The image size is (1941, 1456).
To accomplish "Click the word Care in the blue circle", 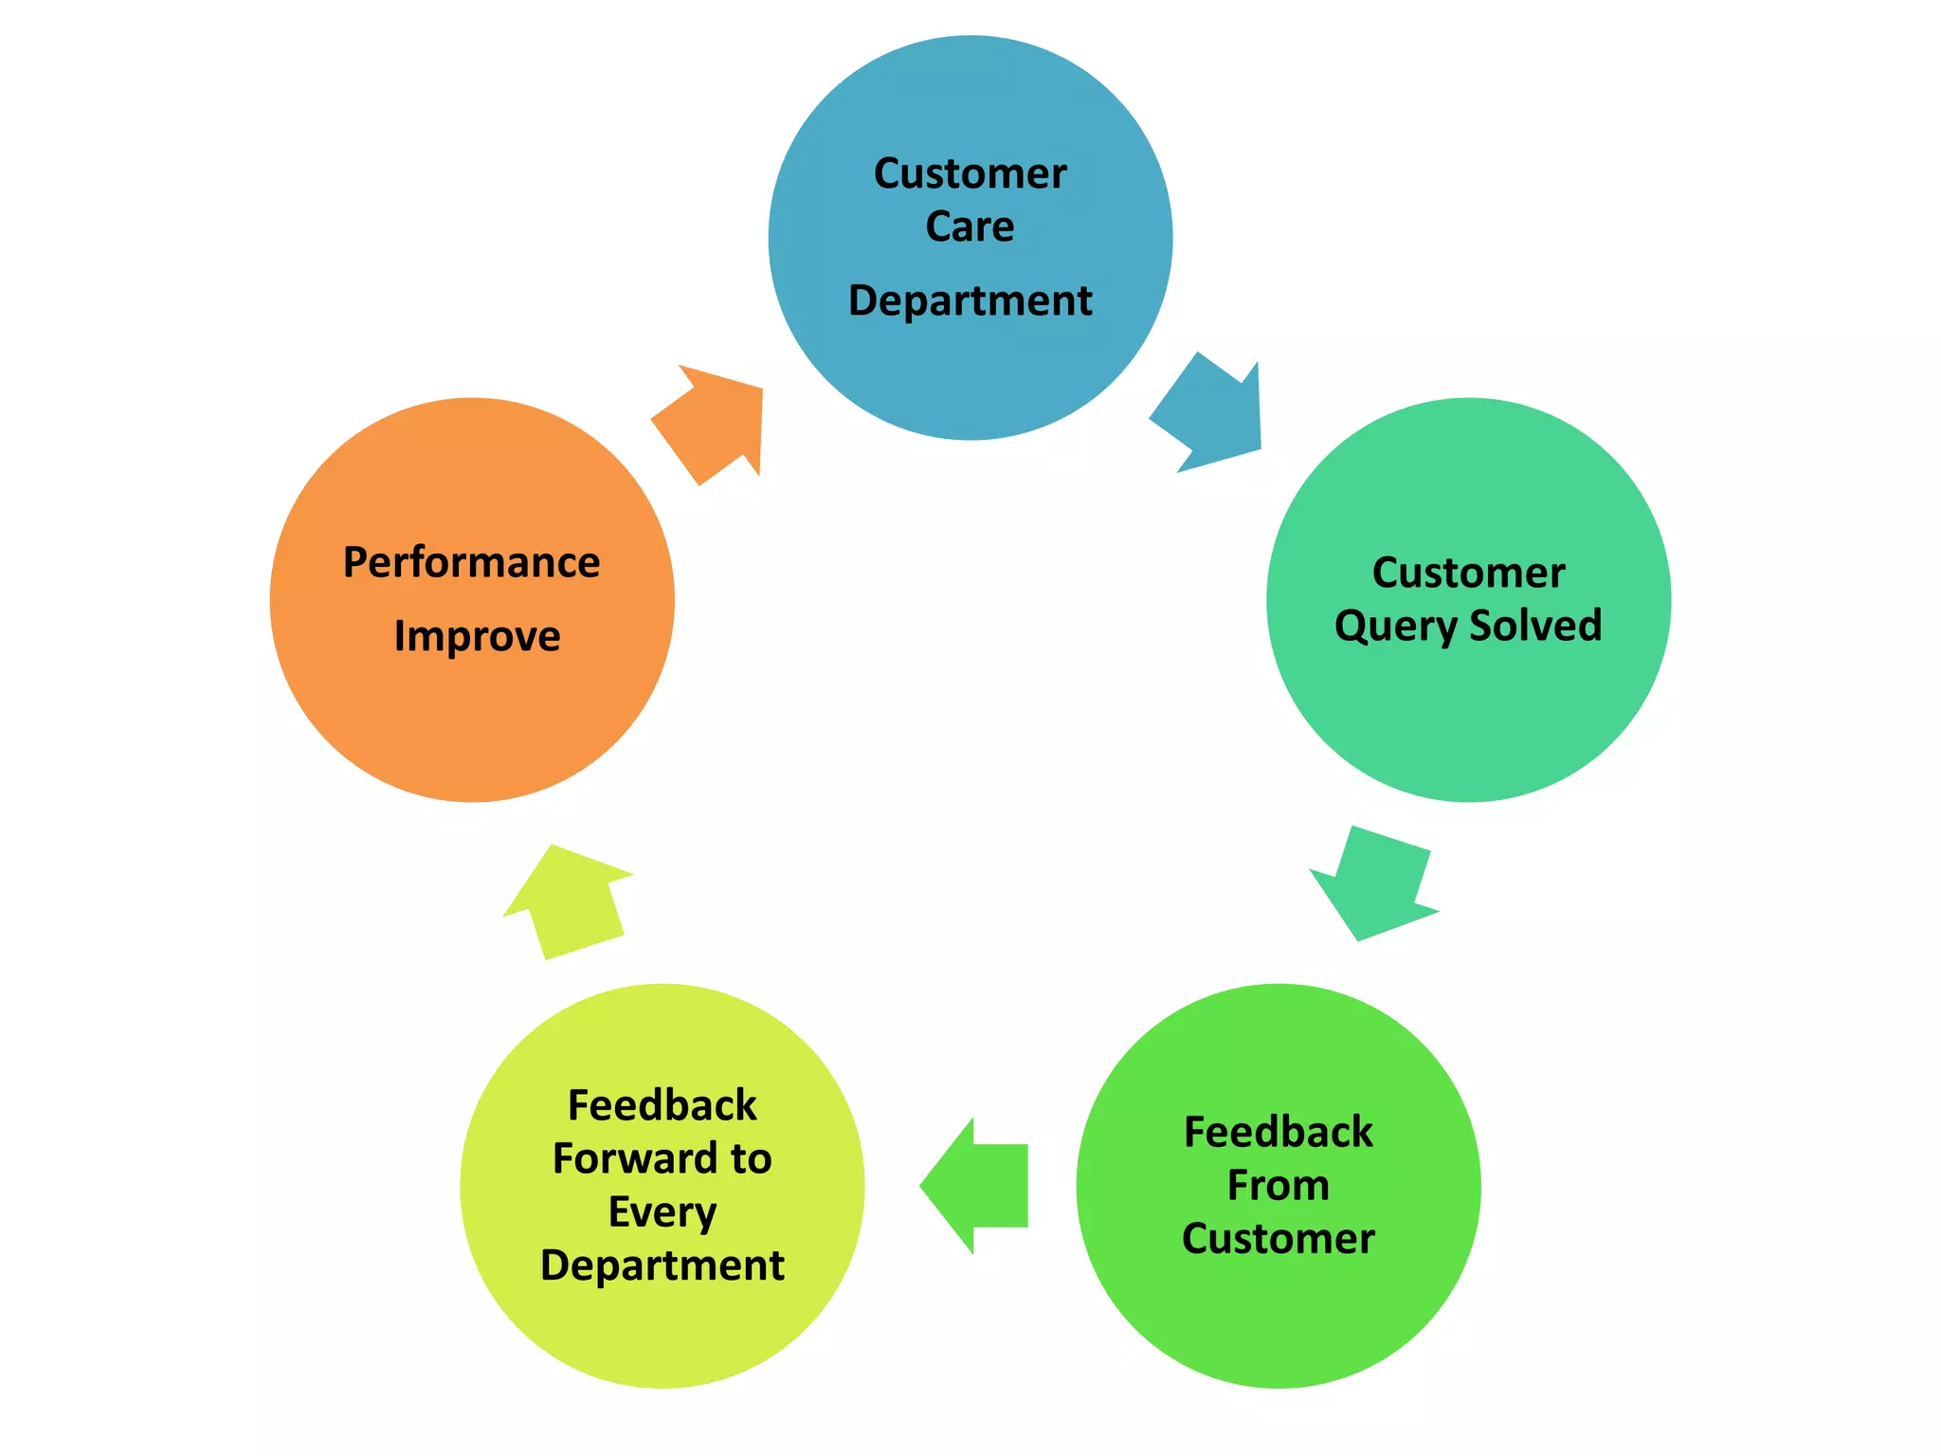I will (970, 227).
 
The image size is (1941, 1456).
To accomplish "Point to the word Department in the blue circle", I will (970, 300).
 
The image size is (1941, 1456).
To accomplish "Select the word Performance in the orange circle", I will (471, 562).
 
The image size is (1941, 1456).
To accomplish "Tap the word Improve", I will (477, 636).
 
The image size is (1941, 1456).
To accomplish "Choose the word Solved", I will (1535, 626).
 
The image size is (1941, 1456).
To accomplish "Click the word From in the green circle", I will (1278, 1185).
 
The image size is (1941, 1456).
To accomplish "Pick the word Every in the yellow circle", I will (662, 1212).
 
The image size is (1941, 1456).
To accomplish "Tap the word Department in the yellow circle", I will (662, 1265).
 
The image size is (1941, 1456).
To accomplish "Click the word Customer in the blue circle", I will (970, 173).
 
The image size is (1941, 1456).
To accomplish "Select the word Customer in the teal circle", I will (1468, 573).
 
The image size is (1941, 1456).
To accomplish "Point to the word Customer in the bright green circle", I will (1278, 1239).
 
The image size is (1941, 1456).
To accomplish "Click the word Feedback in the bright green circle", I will (1278, 1132).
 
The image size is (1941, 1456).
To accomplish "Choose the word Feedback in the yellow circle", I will (662, 1105).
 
